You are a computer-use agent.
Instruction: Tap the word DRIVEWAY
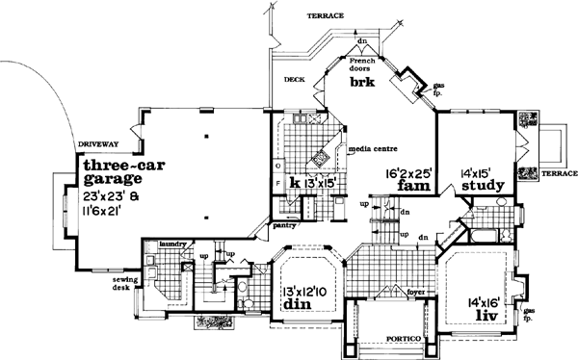click(x=97, y=144)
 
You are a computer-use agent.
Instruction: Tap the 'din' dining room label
click(x=294, y=305)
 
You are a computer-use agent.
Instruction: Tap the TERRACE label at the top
click(x=326, y=16)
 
